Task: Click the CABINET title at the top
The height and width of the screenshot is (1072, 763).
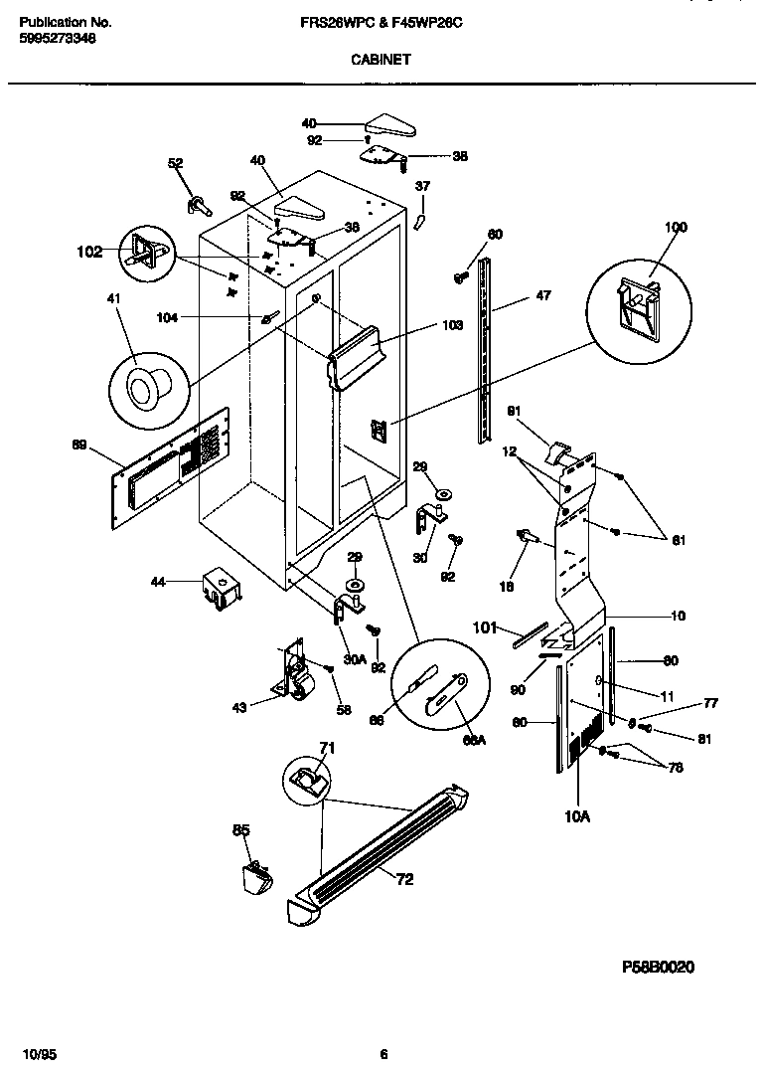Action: pyautogui.click(x=381, y=59)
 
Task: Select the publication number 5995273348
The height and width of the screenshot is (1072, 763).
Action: pyautogui.click(x=58, y=38)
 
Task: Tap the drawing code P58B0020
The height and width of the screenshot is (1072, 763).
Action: pyautogui.click(x=658, y=966)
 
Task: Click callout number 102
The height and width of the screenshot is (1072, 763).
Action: pyautogui.click(x=89, y=252)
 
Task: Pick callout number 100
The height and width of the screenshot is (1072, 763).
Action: pyautogui.click(x=675, y=228)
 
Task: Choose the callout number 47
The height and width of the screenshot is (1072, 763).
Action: pyautogui.click(x=542, y=295)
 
